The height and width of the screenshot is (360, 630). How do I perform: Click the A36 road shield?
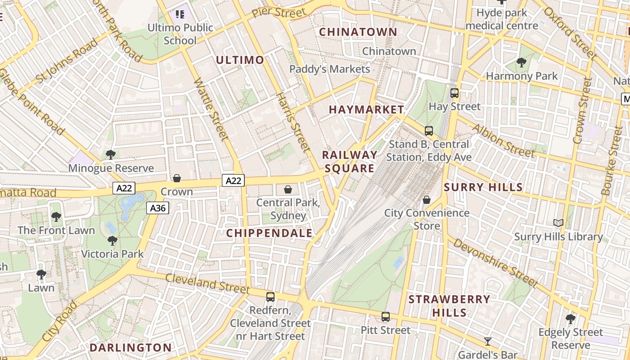pos(157,208)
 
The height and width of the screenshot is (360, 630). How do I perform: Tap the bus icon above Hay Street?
pos(454,93)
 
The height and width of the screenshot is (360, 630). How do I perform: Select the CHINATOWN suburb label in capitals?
pos(358,32)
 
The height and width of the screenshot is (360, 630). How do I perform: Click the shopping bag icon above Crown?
pos(177,178)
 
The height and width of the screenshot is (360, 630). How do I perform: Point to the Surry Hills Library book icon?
pos(558,223)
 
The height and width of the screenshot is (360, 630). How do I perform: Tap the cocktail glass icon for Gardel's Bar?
pos(488,341)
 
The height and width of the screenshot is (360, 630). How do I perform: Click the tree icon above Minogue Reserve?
pos(110,155)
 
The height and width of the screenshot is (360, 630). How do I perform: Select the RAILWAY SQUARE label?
pos(350,162)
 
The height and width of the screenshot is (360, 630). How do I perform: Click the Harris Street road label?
pos(293,122)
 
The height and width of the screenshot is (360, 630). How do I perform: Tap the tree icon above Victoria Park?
pos(112,241)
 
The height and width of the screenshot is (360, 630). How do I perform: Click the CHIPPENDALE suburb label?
pos(269,233)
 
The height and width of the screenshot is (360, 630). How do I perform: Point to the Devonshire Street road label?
pos(495,262)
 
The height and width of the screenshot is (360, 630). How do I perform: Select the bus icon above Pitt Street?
pos(386,317)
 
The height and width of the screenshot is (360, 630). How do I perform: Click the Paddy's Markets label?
pos(329,69)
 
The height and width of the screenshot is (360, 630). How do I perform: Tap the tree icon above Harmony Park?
pos(522,63)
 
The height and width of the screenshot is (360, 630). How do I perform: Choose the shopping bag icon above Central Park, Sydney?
pos(288,189)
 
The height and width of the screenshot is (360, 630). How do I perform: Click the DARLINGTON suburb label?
pos(130,347)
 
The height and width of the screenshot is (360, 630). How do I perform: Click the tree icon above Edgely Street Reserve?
pos(571,319)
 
